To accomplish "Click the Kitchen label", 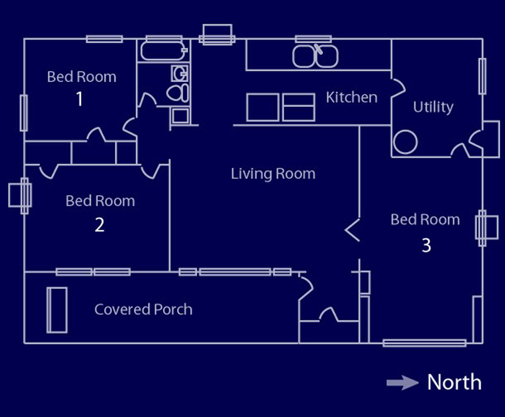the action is click(x=352, y=97).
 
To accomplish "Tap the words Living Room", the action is click(x=273, y=174).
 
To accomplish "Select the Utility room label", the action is click(x=433, y=107).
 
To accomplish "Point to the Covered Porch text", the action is click(x=144, y=309).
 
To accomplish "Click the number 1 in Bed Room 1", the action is click(x=80, y=99).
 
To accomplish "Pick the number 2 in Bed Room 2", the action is click(x=100, y=224).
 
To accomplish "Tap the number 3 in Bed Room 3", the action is click(x=427, y=245).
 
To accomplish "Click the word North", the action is click(x=454, y=382).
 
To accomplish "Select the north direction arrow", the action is click(x=403, y=382).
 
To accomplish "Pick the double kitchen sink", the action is click(x=315, y=56).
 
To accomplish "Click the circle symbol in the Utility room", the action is click(x=405, y=142).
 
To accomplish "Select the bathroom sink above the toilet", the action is click(x=179, y=74).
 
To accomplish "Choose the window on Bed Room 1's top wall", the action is click(x=105, y=39).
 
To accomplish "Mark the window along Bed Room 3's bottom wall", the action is click(x=425, y=343).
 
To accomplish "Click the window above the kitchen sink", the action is click(x=313, y=39).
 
